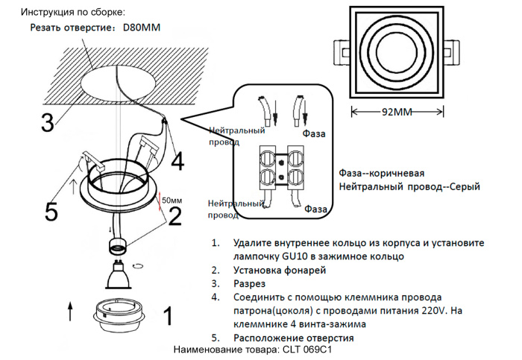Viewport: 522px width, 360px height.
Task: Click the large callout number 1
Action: click(168, 317)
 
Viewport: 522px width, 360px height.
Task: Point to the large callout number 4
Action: click(177, 161)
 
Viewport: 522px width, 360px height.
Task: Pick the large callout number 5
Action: click(51, 212)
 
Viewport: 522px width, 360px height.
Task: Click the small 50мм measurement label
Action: click(172, 200)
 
